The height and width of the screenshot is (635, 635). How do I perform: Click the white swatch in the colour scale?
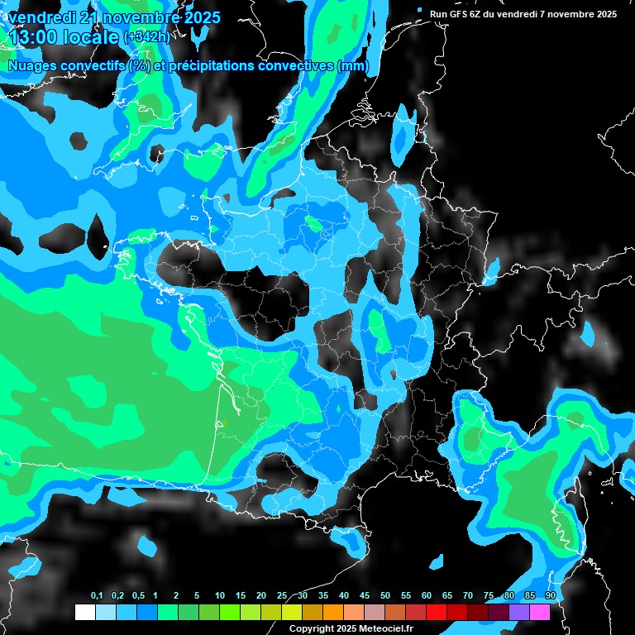(x=84, y=612)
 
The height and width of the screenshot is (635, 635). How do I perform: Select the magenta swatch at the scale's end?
(x=539, y=612)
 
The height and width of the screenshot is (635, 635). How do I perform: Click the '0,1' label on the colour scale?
(x=96, y=596)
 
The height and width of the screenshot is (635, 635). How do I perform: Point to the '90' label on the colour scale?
(x=550, y=596)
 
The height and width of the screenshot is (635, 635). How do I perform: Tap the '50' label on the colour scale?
(x=385, y=596)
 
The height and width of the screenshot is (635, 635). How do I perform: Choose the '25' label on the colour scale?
(x=282, y=596)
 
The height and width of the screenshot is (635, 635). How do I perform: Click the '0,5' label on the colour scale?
(x=137, y=596)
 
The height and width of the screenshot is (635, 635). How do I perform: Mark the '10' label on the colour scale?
(x=220, y=596)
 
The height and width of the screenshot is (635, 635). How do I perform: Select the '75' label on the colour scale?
(x=489, y=596)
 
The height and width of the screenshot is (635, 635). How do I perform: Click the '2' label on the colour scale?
(x=176, y=596)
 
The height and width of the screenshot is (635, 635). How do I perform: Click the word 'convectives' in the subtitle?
(x=290, y=66)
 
